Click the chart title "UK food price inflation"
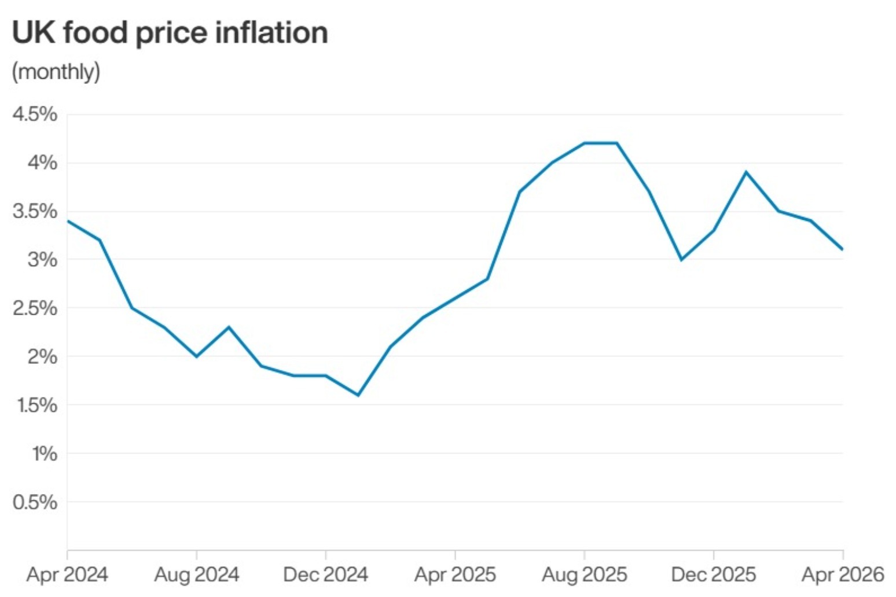click(170, 32)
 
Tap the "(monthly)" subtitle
click(56, 72)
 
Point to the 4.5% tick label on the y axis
click(35, 114)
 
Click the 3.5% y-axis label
click(35, 211)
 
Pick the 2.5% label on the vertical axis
click(35, 308)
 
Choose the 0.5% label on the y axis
click(35, 502)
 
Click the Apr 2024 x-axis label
click(67, 574)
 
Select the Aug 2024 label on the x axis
click(197, 574)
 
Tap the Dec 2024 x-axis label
click(326, 574)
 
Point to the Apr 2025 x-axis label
click(456, 574)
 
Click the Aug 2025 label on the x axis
click(585, 574)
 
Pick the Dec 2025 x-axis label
click(714, 574)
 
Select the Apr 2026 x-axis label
click(843, 574)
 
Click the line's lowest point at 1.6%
click(358, 395)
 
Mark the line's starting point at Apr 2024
click(68, 221)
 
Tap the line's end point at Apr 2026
click(843, 249)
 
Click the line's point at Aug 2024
click(197, 356)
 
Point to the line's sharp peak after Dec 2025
click(746, 172)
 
